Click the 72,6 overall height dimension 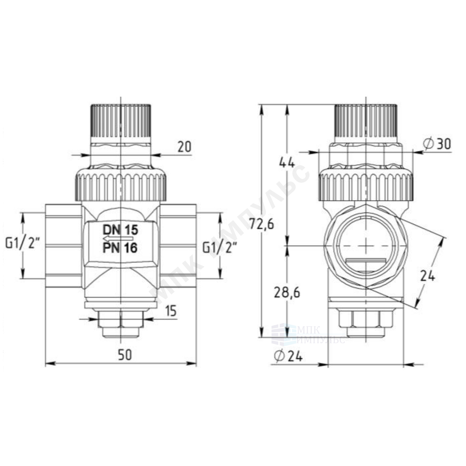(x=262, y=224)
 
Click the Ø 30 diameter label (x=437, y=144)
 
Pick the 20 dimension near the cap (x=185, y=147)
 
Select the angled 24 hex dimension (x=427, y=276)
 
